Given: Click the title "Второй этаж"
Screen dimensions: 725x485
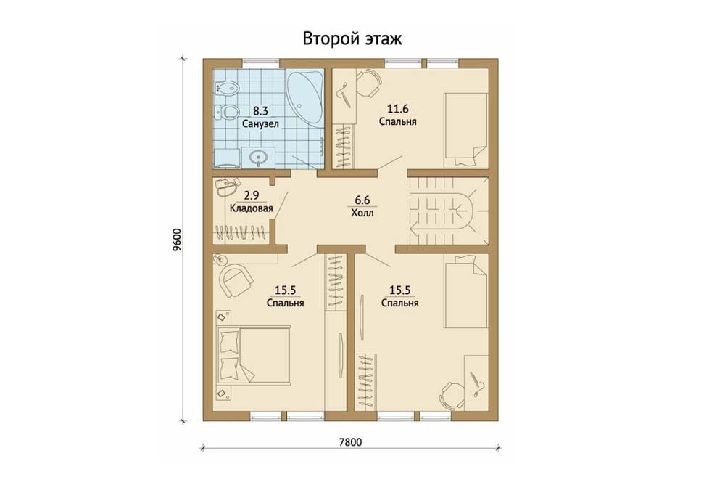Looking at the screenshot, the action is tap(352, 39).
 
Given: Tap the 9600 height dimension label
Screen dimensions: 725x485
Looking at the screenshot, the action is tap(178, 240).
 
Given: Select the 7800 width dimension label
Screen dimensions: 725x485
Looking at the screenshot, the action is tap(350, 442).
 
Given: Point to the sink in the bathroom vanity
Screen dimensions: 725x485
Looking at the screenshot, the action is tap(258, 158).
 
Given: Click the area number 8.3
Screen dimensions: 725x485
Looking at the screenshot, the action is tap(260, 111).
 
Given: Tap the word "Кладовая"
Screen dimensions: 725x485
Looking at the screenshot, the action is tap(251, 208).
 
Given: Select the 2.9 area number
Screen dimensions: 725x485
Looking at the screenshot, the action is tap(251, 195).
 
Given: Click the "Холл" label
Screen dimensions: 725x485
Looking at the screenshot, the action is tap(362, 213).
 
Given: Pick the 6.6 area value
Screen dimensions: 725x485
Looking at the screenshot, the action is tap(362, 200).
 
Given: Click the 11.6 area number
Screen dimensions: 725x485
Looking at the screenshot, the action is tap(397, 109).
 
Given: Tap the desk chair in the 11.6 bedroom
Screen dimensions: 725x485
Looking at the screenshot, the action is tap(370, 83).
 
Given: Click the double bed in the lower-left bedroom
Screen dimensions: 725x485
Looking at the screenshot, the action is tap(253, 355).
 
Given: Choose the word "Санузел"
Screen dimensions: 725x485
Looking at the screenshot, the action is tap(260, 124).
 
